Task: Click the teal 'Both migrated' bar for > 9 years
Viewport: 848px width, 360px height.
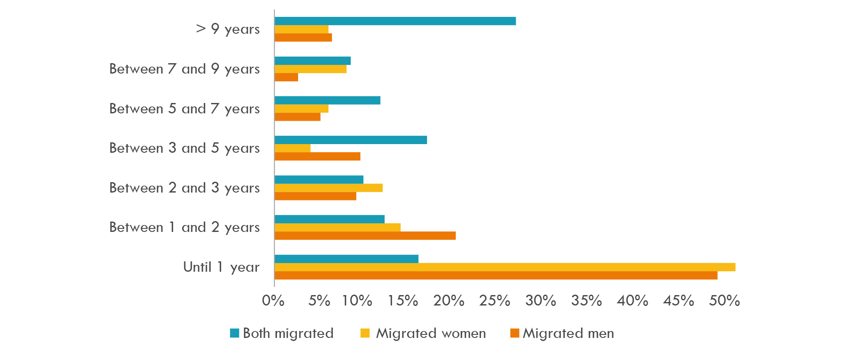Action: tap(395, 21)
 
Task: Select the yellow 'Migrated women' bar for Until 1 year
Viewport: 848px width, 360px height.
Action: tap(505, 267)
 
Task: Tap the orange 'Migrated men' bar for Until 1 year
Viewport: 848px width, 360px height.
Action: tap(496, 276)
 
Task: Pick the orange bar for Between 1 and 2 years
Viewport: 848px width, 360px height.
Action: tap(365, 236)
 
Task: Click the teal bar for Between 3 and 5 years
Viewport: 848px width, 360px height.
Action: tap(350, 140)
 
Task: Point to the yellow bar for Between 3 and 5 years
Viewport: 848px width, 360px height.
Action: tap(292, 148)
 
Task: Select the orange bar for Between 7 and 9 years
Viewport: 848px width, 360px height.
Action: tap(286, 77)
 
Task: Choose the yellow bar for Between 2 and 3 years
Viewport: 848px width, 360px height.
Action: tap(328, 188)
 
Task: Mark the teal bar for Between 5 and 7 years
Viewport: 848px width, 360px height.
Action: tap(328, 100)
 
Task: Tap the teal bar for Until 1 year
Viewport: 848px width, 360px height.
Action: tap(346, 259)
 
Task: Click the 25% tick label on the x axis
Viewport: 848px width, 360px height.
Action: tap(495, 301)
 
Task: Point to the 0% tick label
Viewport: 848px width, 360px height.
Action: tap(273, 301)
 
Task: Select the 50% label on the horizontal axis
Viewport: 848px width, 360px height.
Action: tap(724, 301)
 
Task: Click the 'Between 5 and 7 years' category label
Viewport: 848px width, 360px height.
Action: tap(184, 109)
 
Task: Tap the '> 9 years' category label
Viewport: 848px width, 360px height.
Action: tap(228, 29)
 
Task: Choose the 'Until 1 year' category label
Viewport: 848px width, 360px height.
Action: tap(221, 267)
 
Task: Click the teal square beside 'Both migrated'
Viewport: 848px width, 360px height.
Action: tap(234, 333)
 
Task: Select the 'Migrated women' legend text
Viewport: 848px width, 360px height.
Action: tap(431, 333)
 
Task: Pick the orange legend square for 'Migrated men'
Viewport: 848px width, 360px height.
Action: tap(514, 333)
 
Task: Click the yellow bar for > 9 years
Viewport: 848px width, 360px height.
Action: tap(302, 29)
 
